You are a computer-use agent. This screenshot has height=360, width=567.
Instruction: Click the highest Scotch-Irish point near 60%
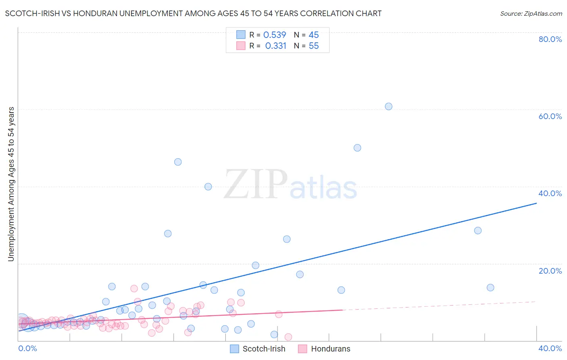388,107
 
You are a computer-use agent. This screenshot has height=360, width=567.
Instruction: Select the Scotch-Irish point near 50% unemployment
357,148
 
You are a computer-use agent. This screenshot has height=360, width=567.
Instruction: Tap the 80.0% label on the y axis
550,39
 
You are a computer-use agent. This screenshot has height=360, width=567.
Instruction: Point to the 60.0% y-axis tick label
550,116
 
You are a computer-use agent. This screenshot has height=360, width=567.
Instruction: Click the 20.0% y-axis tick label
550,271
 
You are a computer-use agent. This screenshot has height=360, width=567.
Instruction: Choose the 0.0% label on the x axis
27,348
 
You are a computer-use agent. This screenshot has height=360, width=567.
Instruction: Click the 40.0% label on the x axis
550,348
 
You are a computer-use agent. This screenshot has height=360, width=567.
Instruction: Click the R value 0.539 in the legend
275,35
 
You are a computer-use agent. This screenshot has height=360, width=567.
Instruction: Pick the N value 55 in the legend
314,46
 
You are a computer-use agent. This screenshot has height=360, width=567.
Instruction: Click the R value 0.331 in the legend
276,46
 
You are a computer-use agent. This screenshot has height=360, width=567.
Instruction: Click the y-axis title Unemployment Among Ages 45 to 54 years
11,184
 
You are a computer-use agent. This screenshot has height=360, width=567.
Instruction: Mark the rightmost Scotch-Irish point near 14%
490,287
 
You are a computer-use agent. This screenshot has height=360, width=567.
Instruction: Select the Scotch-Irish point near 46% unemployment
178,162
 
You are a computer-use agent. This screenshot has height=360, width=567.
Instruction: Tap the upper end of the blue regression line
536,203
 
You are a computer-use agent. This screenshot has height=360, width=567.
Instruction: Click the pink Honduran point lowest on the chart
288,337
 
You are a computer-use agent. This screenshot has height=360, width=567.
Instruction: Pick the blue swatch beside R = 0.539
241,35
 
